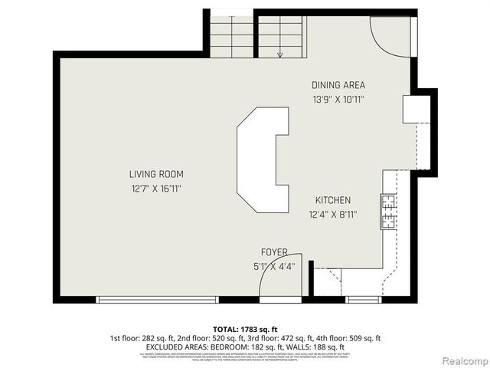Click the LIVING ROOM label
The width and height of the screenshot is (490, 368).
click(156, 174)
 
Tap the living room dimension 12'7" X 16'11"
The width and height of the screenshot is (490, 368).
click(156, 188)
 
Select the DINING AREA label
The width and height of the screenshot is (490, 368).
click(338, 85)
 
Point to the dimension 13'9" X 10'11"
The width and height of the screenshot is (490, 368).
click(338, 99)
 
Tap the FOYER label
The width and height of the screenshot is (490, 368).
click(274, 251)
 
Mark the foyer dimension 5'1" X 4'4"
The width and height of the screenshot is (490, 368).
click(274, 265)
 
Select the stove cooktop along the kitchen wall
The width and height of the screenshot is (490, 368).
click(388, 212)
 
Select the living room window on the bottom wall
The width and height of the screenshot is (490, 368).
click(158, 300)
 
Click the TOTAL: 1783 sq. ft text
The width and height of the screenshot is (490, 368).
click(244, 328)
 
